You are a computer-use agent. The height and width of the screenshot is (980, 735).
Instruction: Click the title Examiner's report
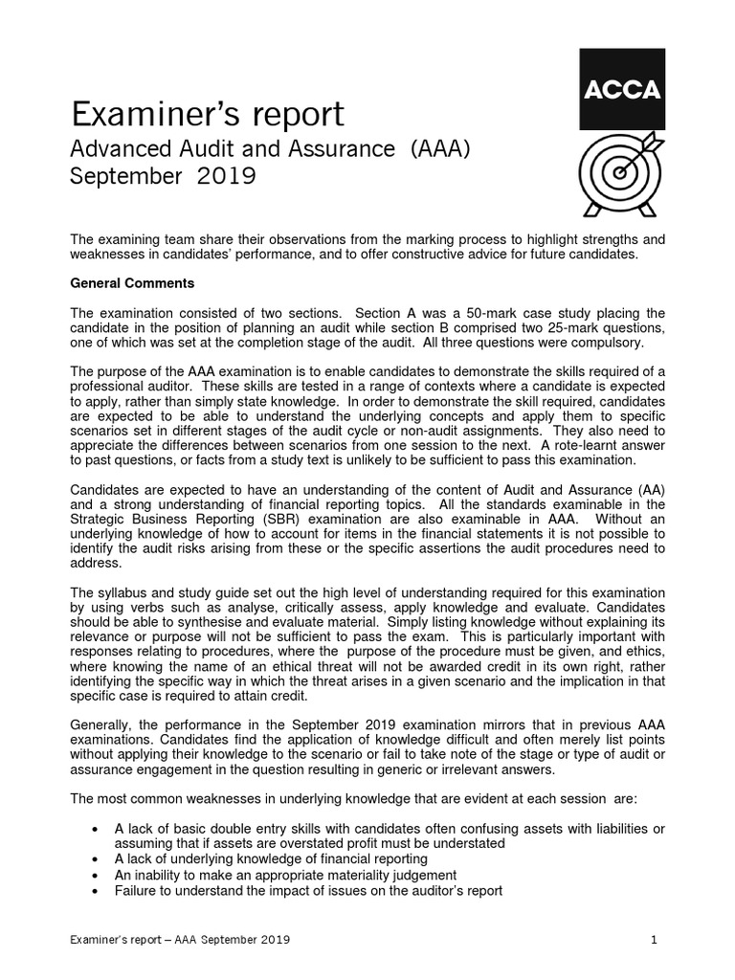[x=207, y=114]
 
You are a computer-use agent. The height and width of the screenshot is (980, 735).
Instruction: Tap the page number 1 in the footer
[x=654, y=940]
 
